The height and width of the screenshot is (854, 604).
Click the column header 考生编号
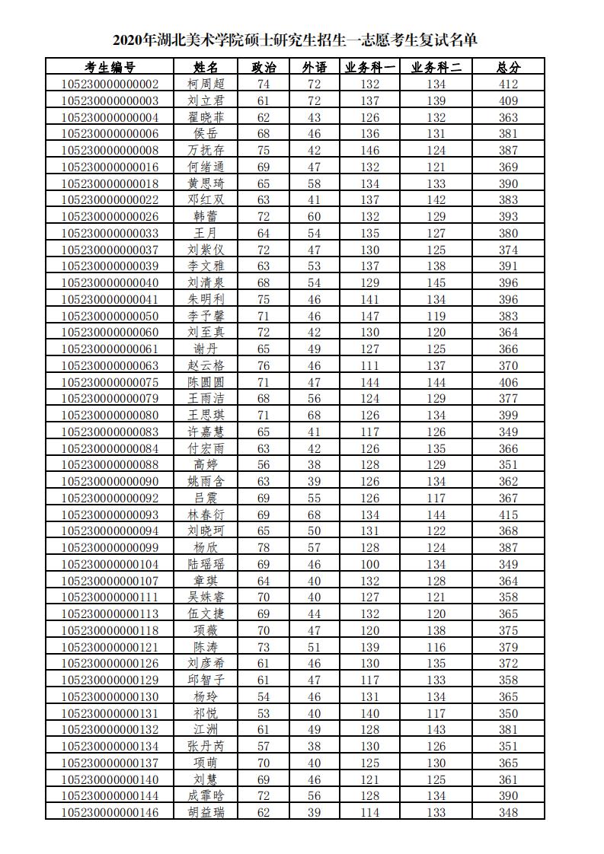coord(110,68)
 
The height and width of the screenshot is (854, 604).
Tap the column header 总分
coord(508,68)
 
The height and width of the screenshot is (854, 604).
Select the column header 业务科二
coord(436,68)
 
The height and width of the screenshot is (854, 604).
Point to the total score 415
coord(508,515)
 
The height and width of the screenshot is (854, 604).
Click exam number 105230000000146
coord(110,812)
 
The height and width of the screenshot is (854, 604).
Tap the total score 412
coord(508,84)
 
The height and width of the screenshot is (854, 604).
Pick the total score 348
coord(508,812)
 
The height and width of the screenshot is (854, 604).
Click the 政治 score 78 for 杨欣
coord(264,548)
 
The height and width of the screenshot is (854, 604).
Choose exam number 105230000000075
coord(110,382)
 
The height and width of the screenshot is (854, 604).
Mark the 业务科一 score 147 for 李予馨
coord(370,316)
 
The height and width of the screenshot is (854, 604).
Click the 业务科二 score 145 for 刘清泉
coord(436,283)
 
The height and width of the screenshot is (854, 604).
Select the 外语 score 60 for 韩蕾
coord(314,217)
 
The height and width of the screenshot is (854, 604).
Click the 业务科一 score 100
coord(370,564)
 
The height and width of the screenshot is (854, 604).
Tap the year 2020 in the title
coord(130,40)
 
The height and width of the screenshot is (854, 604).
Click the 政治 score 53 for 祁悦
coord(264,713)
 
